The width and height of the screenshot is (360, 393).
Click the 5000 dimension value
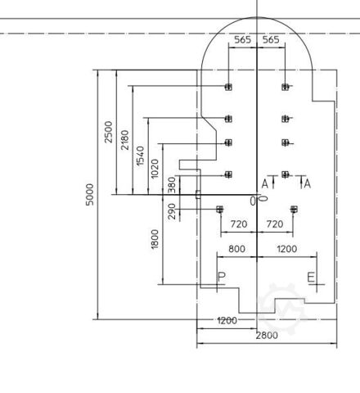coord(89,195)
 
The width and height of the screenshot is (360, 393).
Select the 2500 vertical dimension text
coord(108,132)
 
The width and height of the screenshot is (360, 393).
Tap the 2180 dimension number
coord(124,140)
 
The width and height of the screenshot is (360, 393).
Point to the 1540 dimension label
coord(140,156)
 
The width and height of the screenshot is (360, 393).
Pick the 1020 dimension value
coord(155,169)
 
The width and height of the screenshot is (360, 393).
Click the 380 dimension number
coord(172,185)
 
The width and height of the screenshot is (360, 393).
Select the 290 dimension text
coord(172,211)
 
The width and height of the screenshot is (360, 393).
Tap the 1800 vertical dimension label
coord(155,239)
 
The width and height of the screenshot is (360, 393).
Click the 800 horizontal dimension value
coord(236,249)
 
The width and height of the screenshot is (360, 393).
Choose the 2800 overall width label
coord(267,336)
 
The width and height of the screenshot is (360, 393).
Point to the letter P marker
coord(222,278)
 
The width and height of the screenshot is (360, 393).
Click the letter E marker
coord(311,278)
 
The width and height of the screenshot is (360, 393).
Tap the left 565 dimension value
coord(243,40)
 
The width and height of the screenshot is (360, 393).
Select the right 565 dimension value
coord(271,40)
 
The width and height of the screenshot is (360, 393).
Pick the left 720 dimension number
coord(239,224)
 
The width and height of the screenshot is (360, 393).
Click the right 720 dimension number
coord(275,224)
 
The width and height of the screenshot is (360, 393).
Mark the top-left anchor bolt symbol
coord(228,87)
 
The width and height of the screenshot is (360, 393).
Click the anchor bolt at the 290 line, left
coord(220,210)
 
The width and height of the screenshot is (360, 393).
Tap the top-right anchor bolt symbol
coord(286,87)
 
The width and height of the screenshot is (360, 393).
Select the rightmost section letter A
coord(308,184)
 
